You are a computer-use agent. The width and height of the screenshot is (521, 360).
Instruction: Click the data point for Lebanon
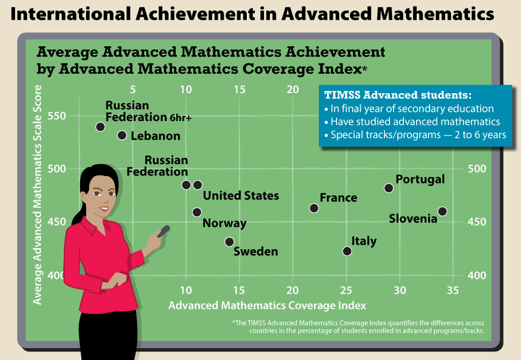(122, 135)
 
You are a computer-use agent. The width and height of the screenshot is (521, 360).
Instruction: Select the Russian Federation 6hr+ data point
(101, 126)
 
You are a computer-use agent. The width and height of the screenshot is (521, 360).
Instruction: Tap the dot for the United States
(198, 185)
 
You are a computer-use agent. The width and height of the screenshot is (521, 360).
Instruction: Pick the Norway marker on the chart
(197, 212)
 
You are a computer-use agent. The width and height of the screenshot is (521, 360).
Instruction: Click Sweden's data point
(229, 242)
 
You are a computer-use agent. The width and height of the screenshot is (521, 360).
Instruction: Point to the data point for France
(314, 208)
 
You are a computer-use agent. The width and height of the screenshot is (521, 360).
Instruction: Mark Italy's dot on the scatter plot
(347, 251)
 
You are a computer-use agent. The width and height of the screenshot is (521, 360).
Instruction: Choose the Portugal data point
(389, 188)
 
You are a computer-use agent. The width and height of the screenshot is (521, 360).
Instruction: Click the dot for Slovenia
(443, 211)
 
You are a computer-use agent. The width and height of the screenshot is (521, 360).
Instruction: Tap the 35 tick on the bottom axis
(453, 291)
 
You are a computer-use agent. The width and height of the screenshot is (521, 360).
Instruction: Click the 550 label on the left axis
(57, 116)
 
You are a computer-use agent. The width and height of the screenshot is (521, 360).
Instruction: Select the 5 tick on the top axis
(133, 89)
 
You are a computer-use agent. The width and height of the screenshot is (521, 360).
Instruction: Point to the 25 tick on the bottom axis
(346, 291)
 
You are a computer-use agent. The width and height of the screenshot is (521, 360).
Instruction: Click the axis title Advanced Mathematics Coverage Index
(267, 306)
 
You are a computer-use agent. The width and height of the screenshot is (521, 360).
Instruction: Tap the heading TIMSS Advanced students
(398, 95)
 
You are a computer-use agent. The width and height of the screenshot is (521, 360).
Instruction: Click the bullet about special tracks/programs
(415, 135)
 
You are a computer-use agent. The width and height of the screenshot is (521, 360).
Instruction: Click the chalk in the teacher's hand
(163, 231)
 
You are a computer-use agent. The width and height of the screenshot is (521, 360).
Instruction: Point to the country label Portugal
(420, 180)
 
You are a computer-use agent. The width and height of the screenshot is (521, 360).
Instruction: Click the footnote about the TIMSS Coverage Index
(358, 327)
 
